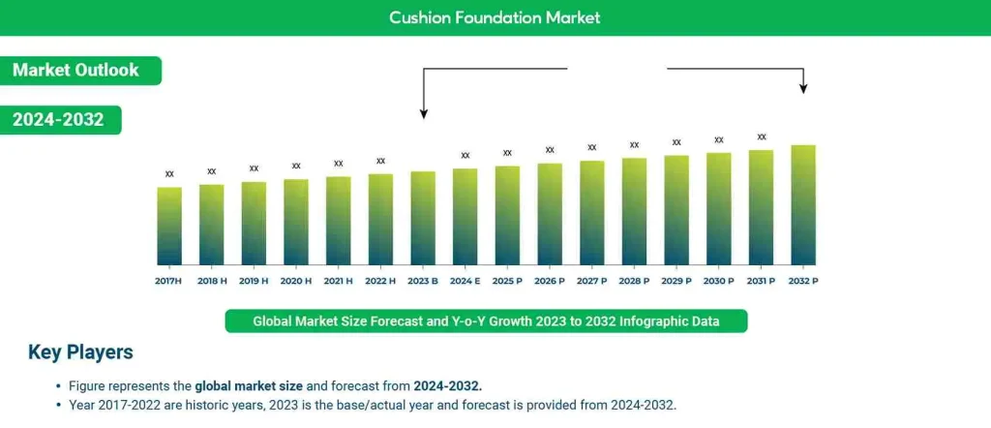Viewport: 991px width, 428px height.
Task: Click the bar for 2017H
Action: point(169,226)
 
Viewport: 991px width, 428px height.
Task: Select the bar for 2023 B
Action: point(423,218)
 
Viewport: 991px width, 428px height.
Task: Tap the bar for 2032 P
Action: point(803,204)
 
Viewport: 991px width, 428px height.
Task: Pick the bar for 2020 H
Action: point(296,222)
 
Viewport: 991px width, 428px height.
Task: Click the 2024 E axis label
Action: point(465,281)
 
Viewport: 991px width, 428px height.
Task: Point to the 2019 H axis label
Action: point(254,281)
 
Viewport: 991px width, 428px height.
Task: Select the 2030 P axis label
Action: point(718,281)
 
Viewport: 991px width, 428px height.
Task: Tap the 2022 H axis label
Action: point(380,281)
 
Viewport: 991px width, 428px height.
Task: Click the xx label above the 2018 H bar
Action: point(212,171)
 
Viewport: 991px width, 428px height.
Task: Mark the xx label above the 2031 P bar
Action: point(762,138)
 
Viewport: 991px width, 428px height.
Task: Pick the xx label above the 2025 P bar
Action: point(507,153)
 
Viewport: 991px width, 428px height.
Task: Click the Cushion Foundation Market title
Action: point(495,17)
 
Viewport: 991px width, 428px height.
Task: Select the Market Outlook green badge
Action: point(76,70)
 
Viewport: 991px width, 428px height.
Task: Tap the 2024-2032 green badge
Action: point(59,119)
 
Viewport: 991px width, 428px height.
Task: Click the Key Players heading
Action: point(80,352)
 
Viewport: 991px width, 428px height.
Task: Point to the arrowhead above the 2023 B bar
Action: point(423,113)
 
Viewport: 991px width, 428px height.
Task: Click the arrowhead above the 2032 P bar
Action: point(803,89)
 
